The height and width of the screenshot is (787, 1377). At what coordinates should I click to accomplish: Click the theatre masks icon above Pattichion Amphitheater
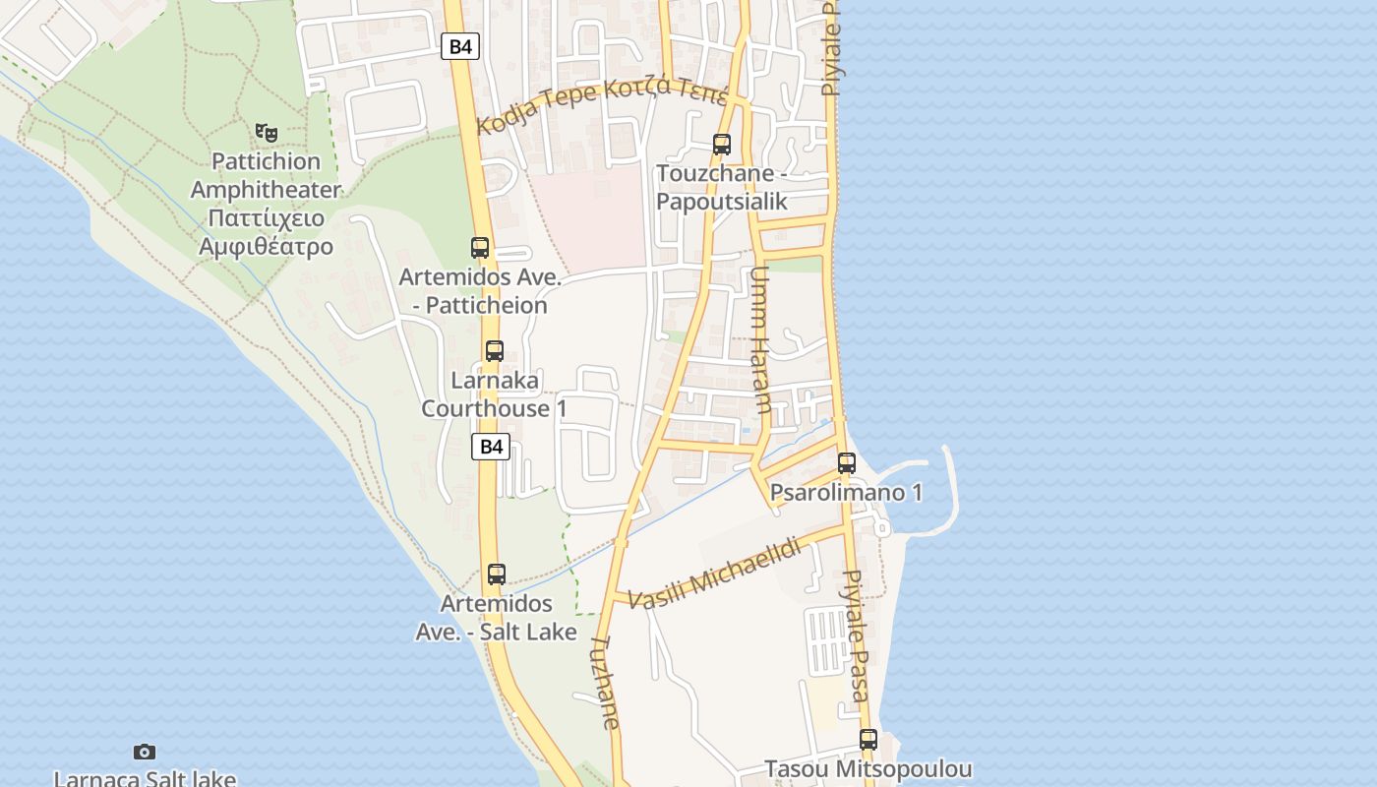(266, 131)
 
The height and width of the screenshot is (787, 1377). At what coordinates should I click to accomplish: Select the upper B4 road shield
(459, 45)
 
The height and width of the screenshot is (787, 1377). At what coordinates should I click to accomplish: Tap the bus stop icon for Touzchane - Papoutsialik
(722, 145)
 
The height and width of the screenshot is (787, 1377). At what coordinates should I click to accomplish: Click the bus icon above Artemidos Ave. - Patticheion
(480, 248)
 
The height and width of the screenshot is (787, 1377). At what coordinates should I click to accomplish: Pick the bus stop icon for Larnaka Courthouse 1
(495, 351)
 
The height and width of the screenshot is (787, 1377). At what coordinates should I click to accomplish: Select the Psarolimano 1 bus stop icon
(847, 462)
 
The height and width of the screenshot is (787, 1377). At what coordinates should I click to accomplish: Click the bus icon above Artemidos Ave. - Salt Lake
(497, 575)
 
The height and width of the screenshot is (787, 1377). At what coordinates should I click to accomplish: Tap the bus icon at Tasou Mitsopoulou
(868, 740)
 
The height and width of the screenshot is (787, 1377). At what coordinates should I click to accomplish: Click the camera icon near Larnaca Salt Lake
(145, 753)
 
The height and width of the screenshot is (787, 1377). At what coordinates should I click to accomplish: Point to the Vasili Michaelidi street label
(714, 573)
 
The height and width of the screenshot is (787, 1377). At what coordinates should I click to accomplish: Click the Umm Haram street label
(760, 338)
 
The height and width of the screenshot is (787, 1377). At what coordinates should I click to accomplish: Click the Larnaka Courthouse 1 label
(494, 394)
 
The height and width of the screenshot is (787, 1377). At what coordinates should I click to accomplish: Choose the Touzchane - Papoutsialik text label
(722, 188)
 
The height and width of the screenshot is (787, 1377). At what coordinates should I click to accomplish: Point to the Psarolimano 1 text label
(847, 493)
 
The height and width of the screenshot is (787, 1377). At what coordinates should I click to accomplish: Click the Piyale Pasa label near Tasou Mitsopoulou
(857, 634)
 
